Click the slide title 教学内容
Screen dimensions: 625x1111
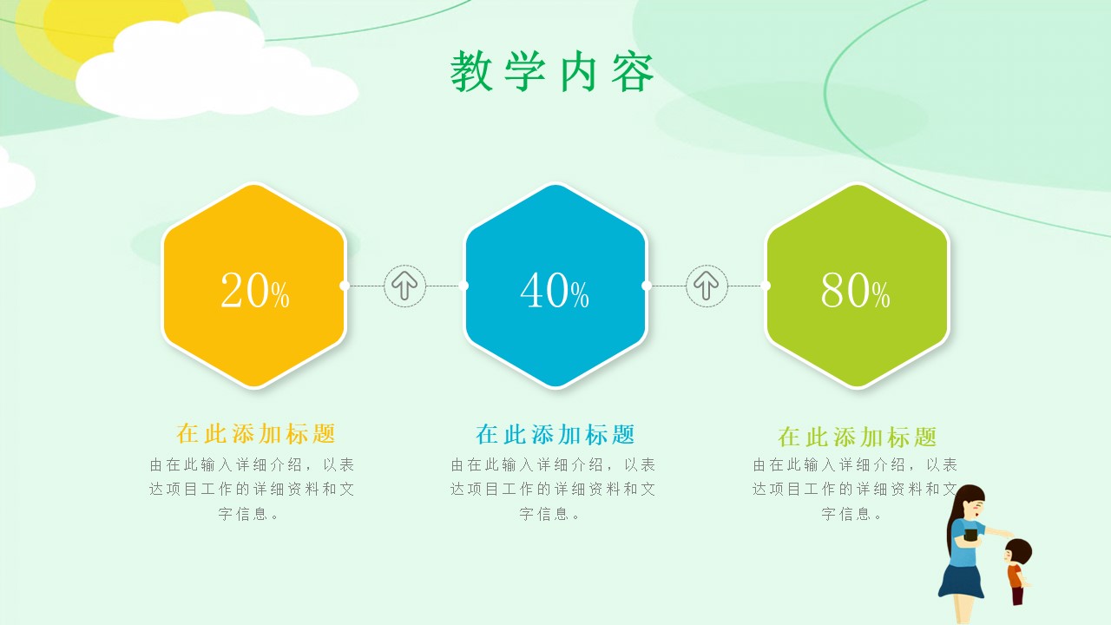tap(552, 72)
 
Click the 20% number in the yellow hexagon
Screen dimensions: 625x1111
tap(254, 291)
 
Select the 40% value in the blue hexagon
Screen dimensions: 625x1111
tap(555, 291)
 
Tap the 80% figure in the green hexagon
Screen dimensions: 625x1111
tap(856, 291)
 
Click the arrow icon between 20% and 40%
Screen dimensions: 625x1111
tap(404, 286)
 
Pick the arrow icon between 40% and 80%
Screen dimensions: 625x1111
tap(707, 286)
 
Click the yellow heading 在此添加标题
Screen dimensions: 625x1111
tap(255, 433)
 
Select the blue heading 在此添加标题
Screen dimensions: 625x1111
tap(555, 434)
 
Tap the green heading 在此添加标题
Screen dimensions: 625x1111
tap(857, 436)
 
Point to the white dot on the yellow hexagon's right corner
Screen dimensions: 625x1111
tap(345, 286)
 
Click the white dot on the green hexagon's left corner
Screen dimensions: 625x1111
tap(766, 286)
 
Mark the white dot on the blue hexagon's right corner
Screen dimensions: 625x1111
tap(646, 286)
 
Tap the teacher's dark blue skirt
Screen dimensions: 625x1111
tap(962, 580)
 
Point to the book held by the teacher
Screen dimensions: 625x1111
tap(970, 535)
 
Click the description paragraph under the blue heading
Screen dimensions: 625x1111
tap(553, 489)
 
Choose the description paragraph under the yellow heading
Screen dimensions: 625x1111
tap(252, 489)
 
